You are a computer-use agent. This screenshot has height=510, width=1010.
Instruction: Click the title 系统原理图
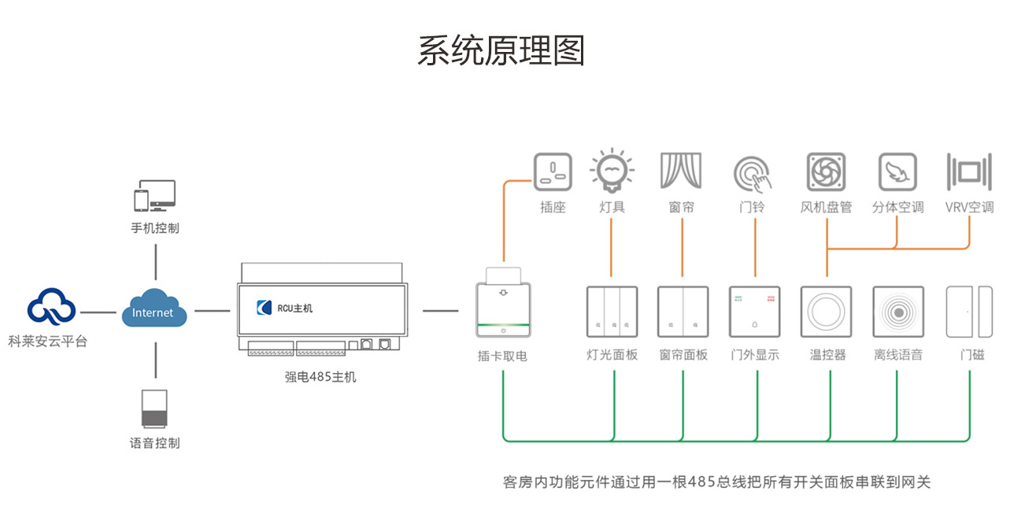(501, 50)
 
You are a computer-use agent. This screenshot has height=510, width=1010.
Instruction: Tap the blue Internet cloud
(154, 311)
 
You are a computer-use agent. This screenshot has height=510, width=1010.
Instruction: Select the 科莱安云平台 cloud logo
(52, 307)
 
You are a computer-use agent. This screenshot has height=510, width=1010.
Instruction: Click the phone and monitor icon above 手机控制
(154, 196)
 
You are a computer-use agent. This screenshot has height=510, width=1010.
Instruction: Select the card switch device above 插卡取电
(502, 307)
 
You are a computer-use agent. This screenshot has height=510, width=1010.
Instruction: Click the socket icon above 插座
(553, 172)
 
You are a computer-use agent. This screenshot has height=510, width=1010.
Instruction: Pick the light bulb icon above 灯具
(612, 170)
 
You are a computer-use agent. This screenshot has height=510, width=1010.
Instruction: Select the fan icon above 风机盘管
(826, 172)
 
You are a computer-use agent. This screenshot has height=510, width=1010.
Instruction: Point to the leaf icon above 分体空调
(897, 172)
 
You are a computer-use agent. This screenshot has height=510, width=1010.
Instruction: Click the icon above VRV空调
(969, 172)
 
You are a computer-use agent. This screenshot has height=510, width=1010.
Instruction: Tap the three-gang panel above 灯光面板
(612, 312)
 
